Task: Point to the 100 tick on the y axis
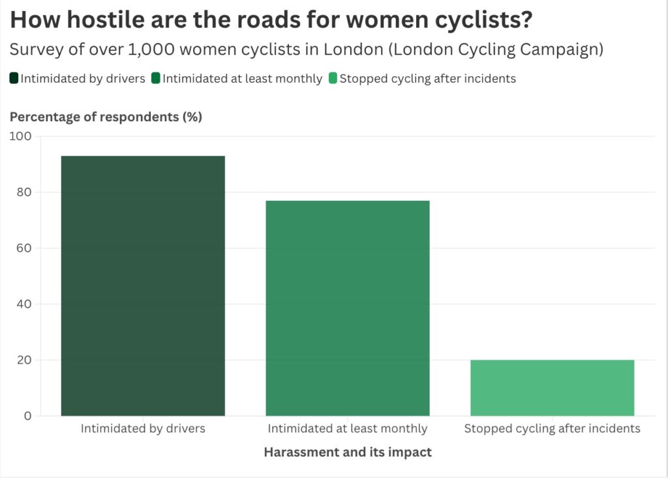coord(20,136)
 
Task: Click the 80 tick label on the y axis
coord(23,192)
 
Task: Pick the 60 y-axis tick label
coord(23,248)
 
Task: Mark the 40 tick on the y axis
coord(23,304)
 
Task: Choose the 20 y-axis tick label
coord(23,360)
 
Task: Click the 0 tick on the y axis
coord(27,416)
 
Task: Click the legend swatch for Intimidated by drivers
coord(14,79)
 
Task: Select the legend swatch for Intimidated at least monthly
coord(156,79)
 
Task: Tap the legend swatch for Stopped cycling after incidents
coord(333,79)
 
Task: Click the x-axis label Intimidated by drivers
coord(143,428)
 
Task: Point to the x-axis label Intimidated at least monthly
coord(347,428)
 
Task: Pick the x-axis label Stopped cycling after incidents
coord(552,428)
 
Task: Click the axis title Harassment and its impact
coord(348,452)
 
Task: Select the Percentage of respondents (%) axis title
coord(106,117)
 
